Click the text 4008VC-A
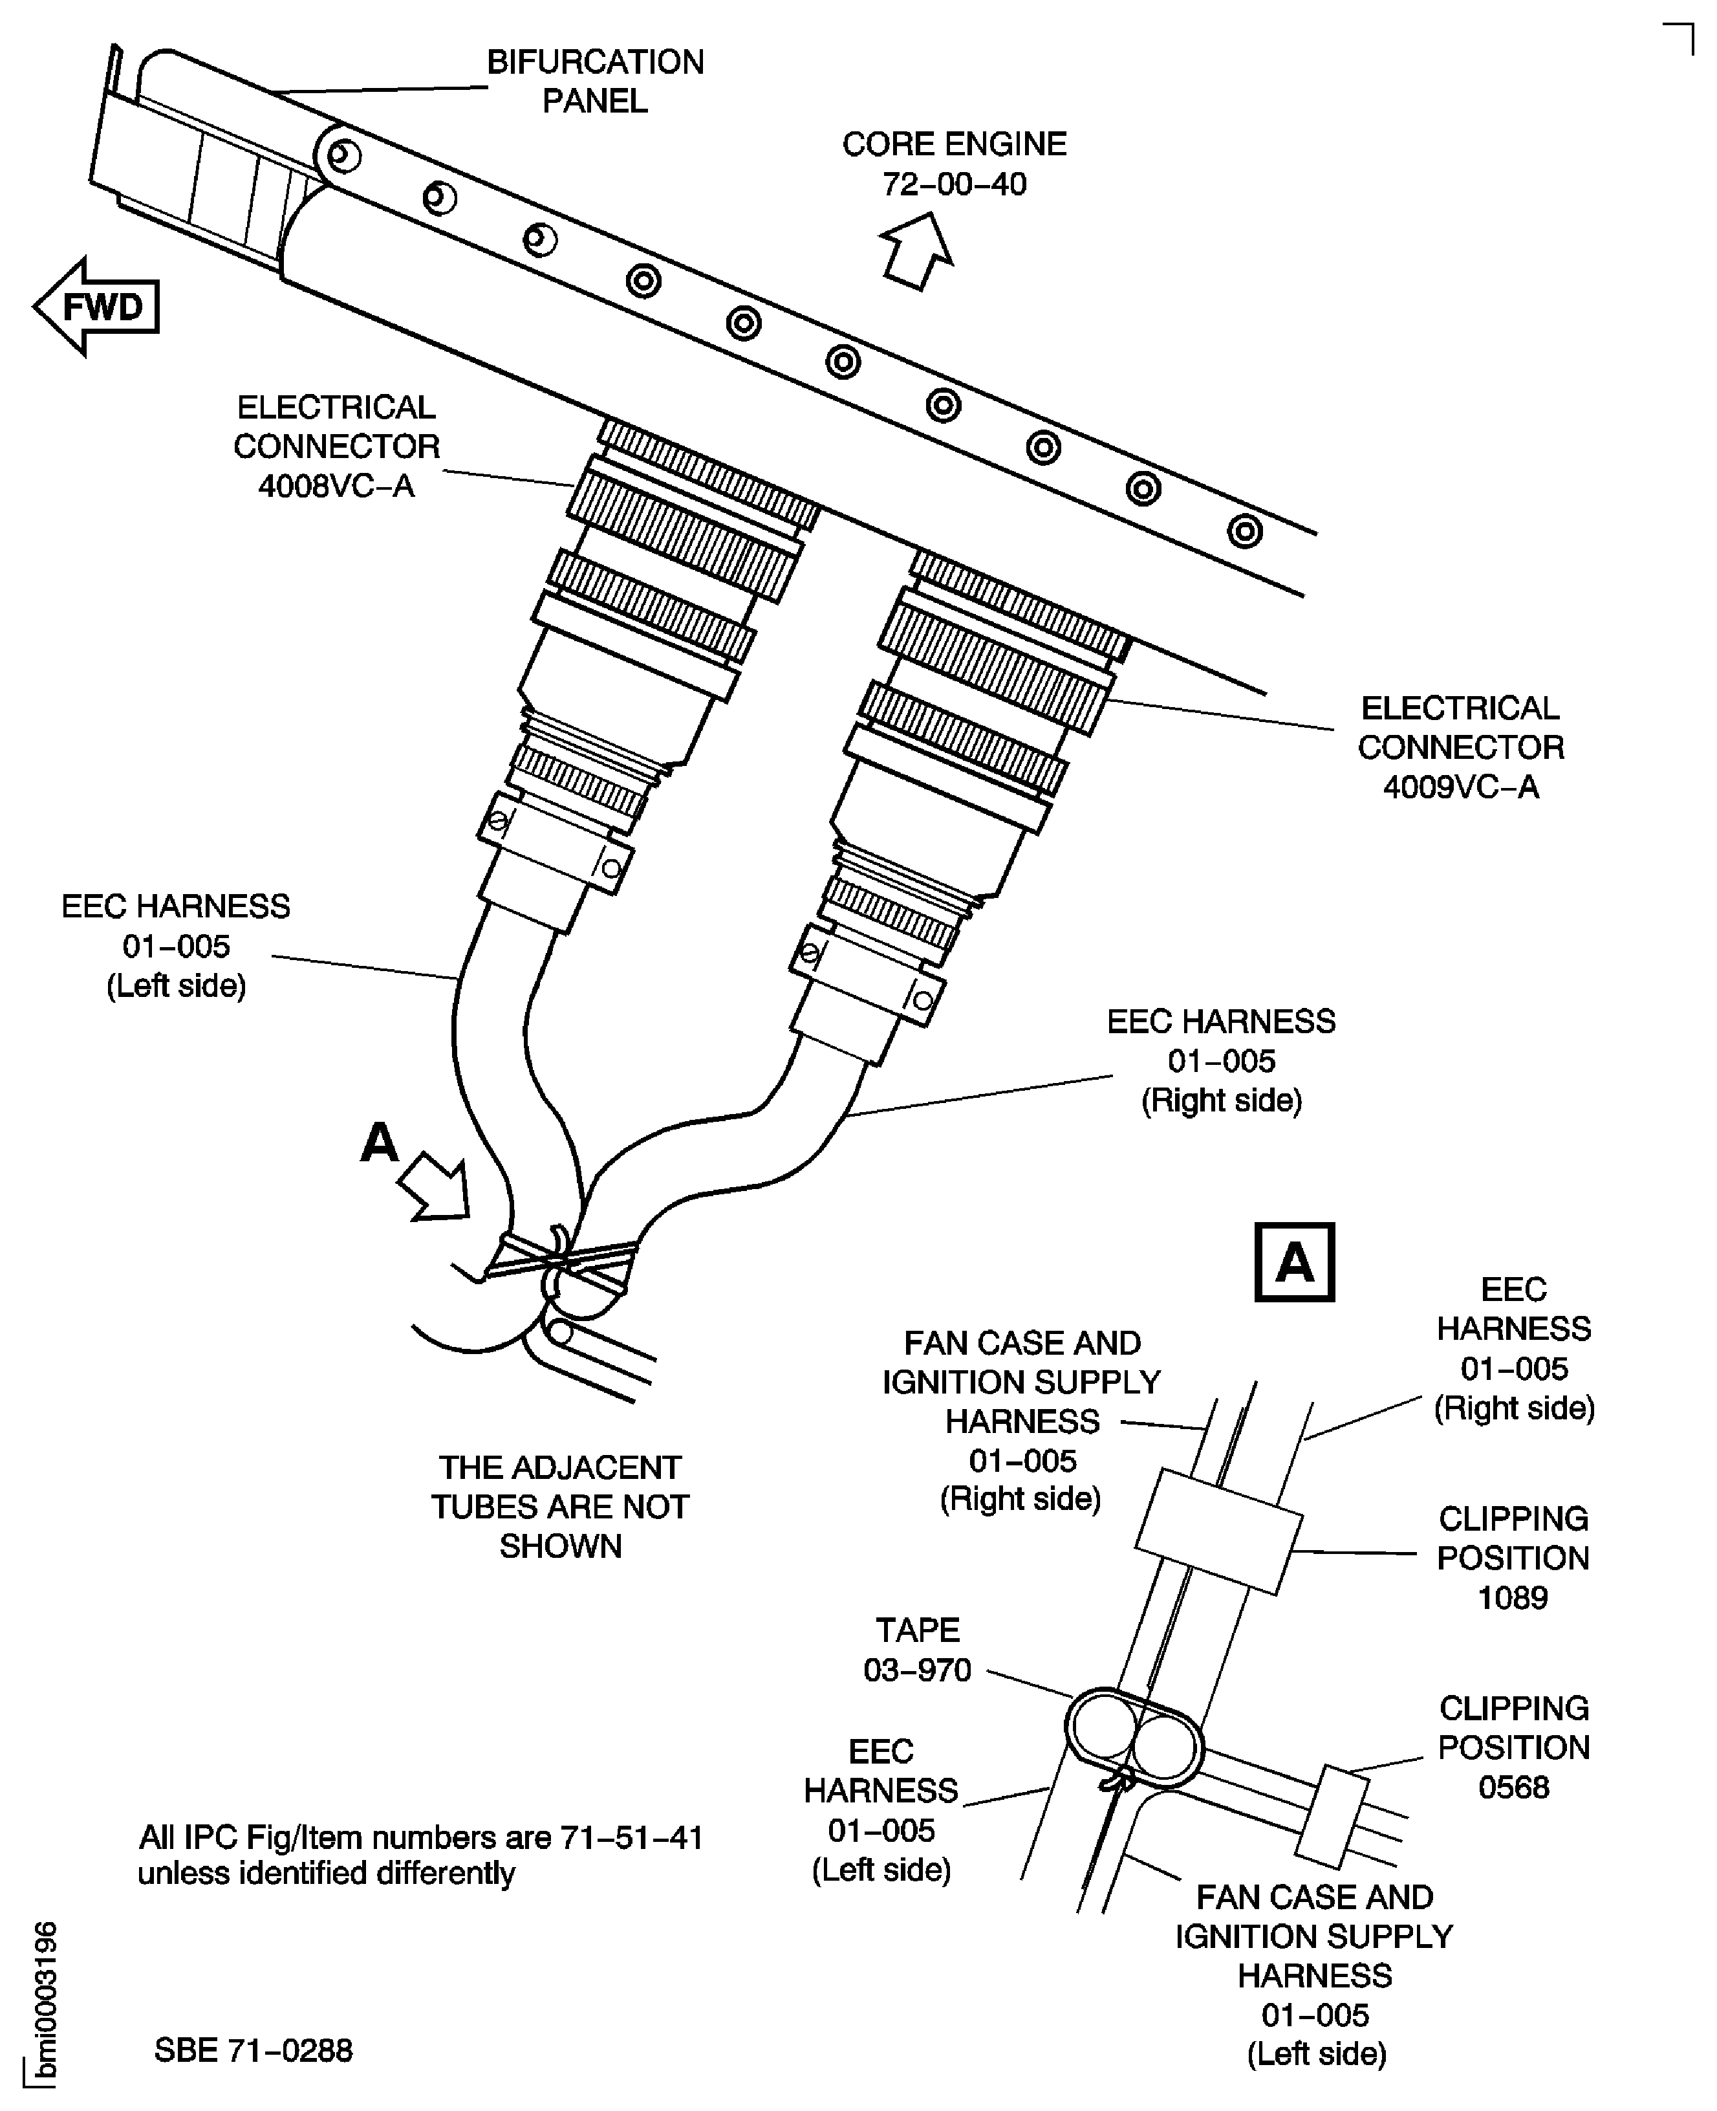336,486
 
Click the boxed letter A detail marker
1293,1262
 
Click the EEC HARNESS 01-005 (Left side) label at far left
176,946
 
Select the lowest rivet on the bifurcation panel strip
1244,531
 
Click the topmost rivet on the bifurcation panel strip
343,155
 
